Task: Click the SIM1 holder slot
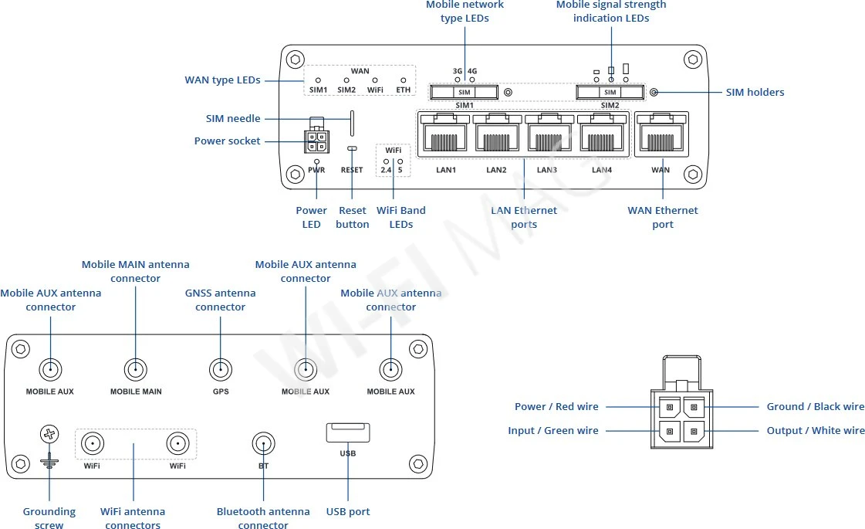(x=464, y=93)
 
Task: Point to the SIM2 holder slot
(x=610, y=93)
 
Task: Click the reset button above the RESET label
(x=352, y=148)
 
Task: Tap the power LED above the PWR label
(x=316, y=161)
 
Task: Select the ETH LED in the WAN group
(x=403, y=80)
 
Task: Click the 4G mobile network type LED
(x=472, y=79)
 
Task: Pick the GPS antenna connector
(x=221, y=370)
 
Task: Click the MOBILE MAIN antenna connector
(x=136, y=370)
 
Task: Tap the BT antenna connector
(x=263, y=443)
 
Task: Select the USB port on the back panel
(x=347, y=432)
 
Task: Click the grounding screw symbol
(x=49, y=434)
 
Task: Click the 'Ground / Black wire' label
(x=815, y=406)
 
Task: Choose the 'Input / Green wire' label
(x=552, y=430)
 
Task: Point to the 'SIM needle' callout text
(x=233, y=119)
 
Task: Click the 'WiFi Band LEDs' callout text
(x=400, y=217)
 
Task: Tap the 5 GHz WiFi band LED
(x=400, y=161)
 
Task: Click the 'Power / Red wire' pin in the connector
(x=669, y=407)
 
